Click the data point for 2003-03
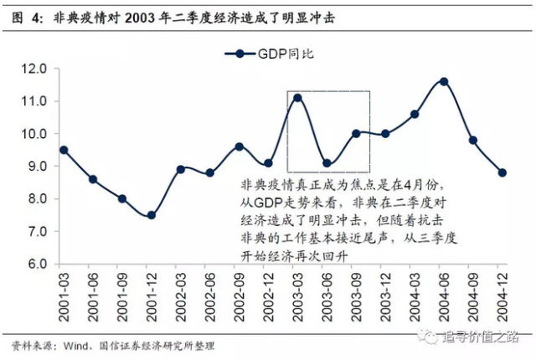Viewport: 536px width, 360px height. click(x=297, y=98)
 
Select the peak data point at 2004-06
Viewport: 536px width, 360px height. click(x=444, y=82)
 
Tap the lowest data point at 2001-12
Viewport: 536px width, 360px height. click(x=151, y=215)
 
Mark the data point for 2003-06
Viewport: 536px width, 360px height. click(x=327, y=164)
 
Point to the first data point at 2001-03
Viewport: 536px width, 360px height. click(x=63, y=150)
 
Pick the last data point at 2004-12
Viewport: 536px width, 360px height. click(x=502, y=172)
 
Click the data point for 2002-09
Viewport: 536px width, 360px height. click(x=239, y=147)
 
